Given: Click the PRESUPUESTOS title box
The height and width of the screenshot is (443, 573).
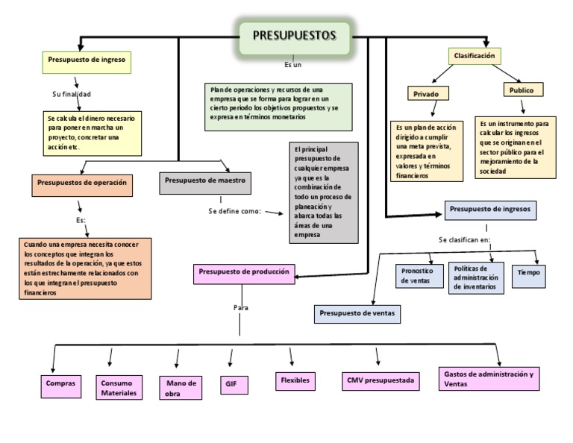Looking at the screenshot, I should point(294,36).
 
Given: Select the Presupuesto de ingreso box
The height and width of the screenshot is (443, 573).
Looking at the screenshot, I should point(87,58).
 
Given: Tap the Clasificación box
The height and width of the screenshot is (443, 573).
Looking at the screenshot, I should point(475,56).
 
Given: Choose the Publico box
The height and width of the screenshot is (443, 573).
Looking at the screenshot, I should point(522,90).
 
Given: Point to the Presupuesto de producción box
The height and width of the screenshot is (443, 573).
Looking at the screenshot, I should point(244,273).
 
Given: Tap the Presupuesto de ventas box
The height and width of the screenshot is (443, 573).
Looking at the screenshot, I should point(357,312).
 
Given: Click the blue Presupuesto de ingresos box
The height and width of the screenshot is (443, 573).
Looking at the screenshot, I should point(491,210).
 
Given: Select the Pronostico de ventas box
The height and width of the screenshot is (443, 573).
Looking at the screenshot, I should point(416,276).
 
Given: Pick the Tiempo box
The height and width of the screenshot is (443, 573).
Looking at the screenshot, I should point(529,273).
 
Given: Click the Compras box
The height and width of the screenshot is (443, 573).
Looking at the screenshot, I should point(60,383).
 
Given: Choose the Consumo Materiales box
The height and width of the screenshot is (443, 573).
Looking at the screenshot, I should point(119,388).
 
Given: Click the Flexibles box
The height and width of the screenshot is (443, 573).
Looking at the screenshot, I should point(295,380).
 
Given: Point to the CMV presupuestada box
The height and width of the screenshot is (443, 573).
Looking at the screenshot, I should point(379,381).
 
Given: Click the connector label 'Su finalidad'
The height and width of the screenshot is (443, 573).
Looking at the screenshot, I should point(72,95).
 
